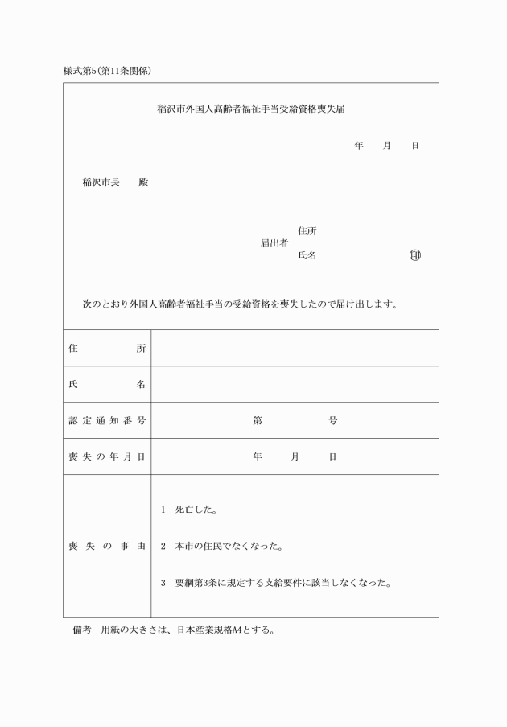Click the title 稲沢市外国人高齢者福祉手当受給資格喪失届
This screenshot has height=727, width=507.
point(251,108)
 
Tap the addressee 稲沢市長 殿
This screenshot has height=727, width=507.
point(115,182)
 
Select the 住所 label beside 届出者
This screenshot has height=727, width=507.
point(307,231)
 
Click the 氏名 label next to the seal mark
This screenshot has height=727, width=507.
point(307,256)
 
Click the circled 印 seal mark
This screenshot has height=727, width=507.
point(414,256)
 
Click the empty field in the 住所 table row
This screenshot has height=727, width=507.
point(295,348)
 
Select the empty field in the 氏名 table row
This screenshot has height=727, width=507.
point(295,384)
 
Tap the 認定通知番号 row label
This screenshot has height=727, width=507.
point(107,420)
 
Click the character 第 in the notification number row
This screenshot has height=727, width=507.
point(258,420)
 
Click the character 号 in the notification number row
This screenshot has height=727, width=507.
point(332,420)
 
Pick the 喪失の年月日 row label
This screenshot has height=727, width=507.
point(107,456)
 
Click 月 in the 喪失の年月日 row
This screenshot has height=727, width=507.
point(295,456)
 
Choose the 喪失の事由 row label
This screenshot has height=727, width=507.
point(107,547)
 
